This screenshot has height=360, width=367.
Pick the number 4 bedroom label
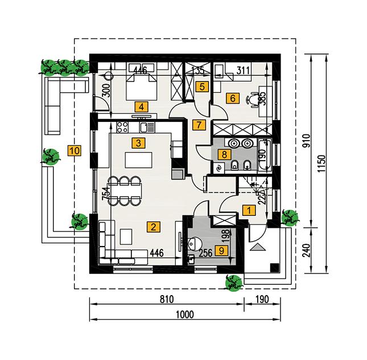pos(139,106)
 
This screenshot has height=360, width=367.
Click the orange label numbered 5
pos(200,87)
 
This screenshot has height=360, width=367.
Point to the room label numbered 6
pos(232,97)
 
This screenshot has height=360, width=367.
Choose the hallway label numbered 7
pos(197,124)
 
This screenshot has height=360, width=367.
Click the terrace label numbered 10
pos(74,151)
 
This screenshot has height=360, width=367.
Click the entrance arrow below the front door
pos(257,247)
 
